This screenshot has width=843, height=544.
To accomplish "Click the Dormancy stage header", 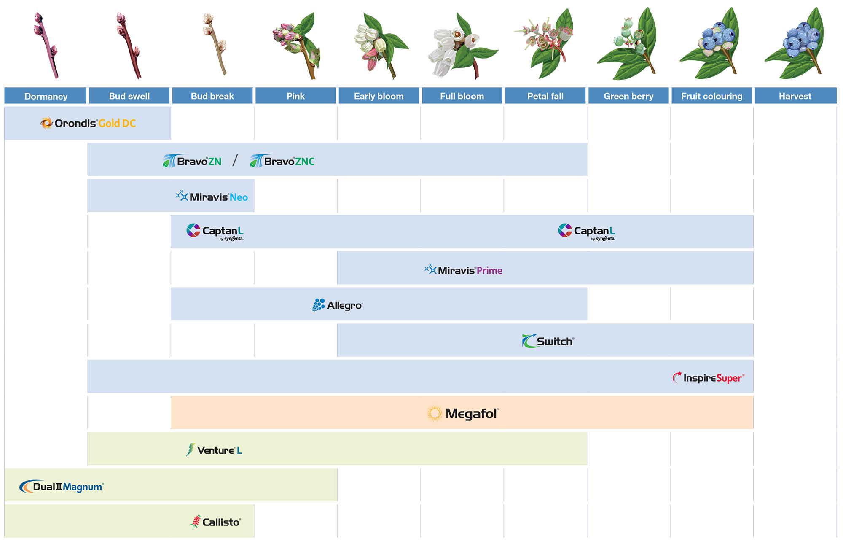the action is coord(46,96).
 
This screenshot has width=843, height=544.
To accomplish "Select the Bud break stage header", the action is coord(212,96).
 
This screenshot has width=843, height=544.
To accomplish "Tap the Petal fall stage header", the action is coord(545,96).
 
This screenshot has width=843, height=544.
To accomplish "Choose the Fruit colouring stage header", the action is coord(712,96).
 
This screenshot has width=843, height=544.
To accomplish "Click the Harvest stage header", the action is coord(795,96).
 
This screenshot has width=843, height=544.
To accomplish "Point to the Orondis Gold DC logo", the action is coord(88,123).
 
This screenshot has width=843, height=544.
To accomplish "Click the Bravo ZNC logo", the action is coord(282,161).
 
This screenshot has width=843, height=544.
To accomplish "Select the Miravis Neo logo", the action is coord(212,197).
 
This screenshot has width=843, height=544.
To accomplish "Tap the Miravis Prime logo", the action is coord(463,270).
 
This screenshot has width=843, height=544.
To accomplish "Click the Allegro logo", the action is coord(337,305).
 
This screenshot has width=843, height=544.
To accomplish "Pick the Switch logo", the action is coord(548,341).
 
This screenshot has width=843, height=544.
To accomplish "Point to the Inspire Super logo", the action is coord(709,377).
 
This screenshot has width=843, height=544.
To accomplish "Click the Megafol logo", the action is coord(463,414).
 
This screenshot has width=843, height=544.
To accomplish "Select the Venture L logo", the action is coord(214,450).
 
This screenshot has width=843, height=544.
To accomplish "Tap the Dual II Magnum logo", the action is coord(62,487).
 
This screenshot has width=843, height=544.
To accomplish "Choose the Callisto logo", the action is coord(216,522).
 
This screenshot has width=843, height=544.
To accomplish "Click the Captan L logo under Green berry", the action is coord(587,232).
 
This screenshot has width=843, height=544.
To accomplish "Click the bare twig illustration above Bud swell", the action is coord(128,45).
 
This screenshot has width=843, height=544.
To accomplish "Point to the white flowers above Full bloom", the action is coord(462,45).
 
